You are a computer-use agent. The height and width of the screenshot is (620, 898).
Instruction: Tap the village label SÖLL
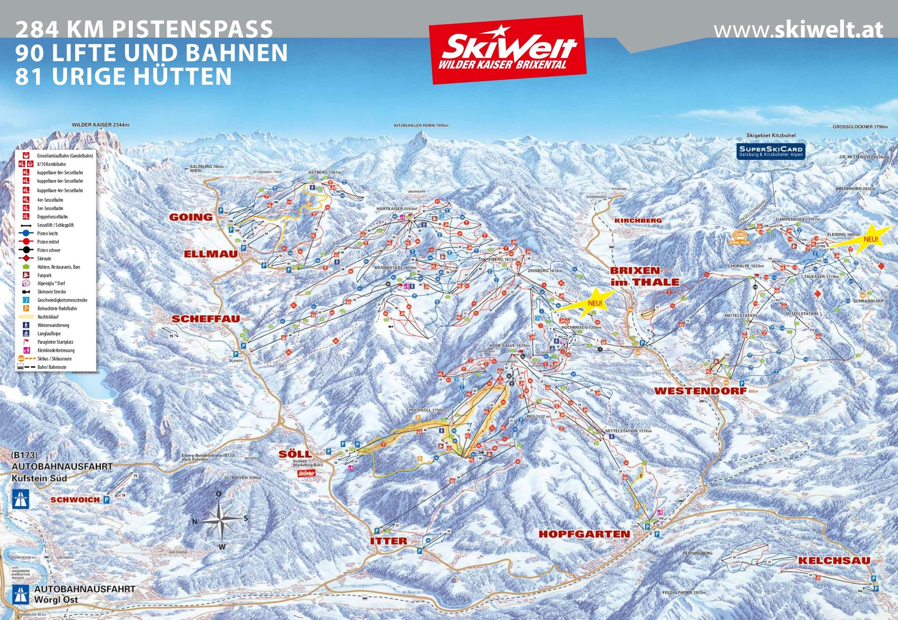(x=295, y=454)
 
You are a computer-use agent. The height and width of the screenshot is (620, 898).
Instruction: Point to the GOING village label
(x=190, y=217)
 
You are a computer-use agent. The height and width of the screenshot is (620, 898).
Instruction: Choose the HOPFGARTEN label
(x=584, y=534)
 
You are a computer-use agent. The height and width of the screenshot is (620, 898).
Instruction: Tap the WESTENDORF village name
(x=700, y=391)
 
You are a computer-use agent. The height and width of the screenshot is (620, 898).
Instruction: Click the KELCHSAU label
(x=834, y=561)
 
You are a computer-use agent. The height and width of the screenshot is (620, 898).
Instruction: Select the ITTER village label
(x=388, y=541)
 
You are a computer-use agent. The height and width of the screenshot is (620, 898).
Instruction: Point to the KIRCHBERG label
(x=638, y=220)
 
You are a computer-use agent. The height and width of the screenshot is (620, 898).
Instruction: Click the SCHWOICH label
(x=75, y=500)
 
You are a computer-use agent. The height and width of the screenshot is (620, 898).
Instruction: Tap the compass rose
(x=220, y=519)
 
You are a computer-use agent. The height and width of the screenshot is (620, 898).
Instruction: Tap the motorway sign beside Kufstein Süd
(x=21, y=499)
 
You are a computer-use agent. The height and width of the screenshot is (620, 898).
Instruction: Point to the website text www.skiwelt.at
(x=798, y=30)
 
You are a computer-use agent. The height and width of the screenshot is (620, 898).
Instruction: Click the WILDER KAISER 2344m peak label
(x=100, y=125)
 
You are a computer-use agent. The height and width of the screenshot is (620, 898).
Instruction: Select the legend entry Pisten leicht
(x=48, y=233)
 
